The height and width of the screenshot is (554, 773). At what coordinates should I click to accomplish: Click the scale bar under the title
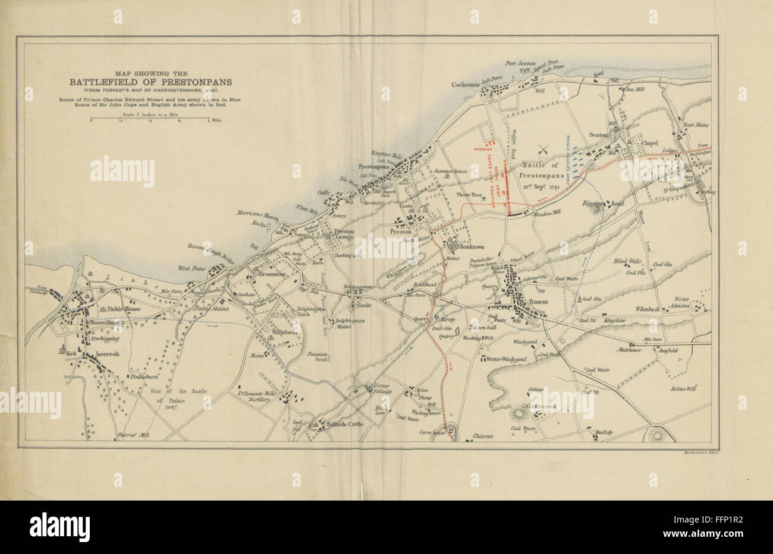[149, 121]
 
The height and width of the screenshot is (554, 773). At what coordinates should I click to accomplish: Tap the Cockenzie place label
[466, 84]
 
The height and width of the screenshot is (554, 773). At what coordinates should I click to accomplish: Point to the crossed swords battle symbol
[543, 149]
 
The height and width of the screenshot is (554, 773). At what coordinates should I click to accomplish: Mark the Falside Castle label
[345, 425]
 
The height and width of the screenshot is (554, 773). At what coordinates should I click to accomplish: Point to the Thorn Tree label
[469, 195]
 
